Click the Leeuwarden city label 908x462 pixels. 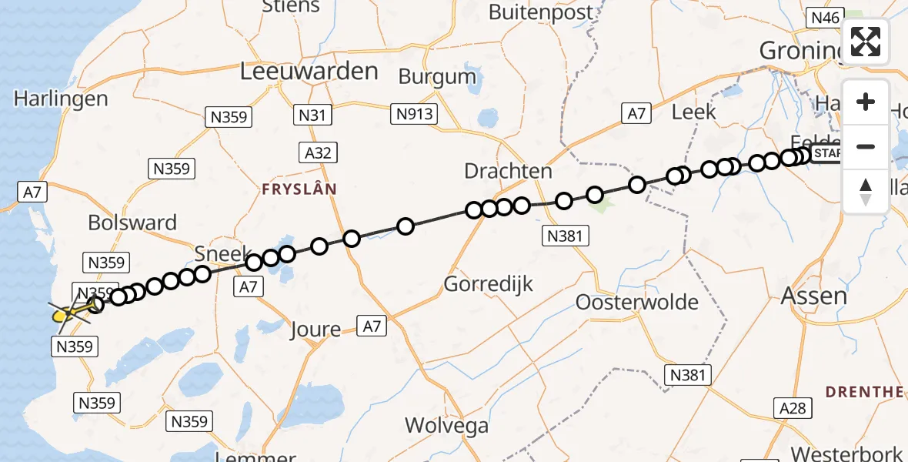pyautogui.click(x=309, y=72)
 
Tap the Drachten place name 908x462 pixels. pyautogui.click(x=508, y=171)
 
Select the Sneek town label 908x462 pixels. pyautogui.click(x=223, y=254)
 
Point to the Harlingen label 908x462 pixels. pyautogui.click(x=61, y=99)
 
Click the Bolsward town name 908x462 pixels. pyautogui.click(x=132, y=223)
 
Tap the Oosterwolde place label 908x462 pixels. pyautogui.click(x=637, y=302)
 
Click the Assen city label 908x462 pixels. pyautogui.click(x=813, y=296)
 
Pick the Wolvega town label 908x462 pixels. pyautogui.click(x=446, y=425)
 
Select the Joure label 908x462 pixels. pyautogui.click(x=315, y=330)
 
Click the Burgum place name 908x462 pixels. pyautogui.click(x=438, y=76)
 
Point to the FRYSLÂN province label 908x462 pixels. pyautogui.click(x=299, y=189)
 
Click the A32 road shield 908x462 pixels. pyautogui.click(x=318, y=152)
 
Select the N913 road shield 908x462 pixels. pyautogui.click(x=416, y=115)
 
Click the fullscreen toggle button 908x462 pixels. pyautogui.click(x=866, y=42)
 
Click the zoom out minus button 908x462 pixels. pyautogui.click(x=866, y=146)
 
